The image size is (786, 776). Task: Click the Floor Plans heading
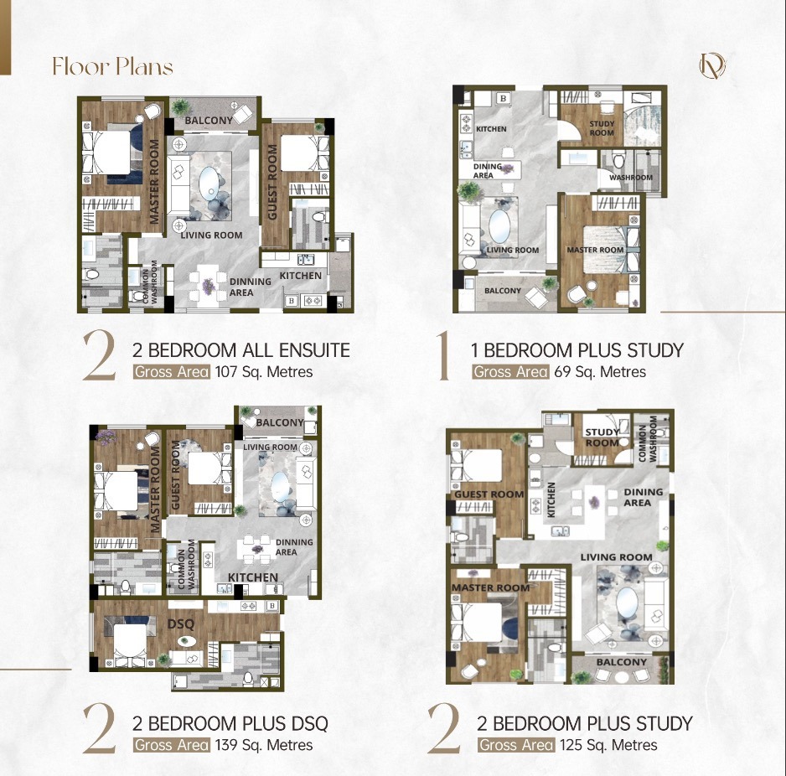[x=113, y=66]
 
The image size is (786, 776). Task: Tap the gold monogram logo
[x=712, y=65]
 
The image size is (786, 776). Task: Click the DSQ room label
[x=180, y=624]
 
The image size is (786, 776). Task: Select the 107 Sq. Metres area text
[x=264, y=372]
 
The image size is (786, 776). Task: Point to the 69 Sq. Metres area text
[x=600, y=372]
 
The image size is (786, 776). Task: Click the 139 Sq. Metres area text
[x=264, y=745]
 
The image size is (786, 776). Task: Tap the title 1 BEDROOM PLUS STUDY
[x=577, y=350]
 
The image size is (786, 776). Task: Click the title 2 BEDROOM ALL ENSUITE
[x=241, y=350]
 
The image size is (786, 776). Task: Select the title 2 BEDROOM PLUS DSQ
[x=230, y=723]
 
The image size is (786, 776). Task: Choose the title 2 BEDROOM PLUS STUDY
[x=585, y=723]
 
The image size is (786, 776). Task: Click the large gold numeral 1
[x=443, y=355]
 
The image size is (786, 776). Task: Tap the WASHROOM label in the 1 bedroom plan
[x=631, y=178]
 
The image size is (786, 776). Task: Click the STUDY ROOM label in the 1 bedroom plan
[x=602, y=128]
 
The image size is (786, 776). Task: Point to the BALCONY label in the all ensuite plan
[x=209, y=121]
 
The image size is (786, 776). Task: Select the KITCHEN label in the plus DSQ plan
[x=253, y=577]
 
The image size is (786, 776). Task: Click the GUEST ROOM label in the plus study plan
[x=489, y=494]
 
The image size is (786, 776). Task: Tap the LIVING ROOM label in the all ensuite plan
[x=211, y=235]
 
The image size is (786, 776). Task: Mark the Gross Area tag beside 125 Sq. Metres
[x=517, y=745]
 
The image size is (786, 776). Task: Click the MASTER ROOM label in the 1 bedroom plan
[x=595, y=250]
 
